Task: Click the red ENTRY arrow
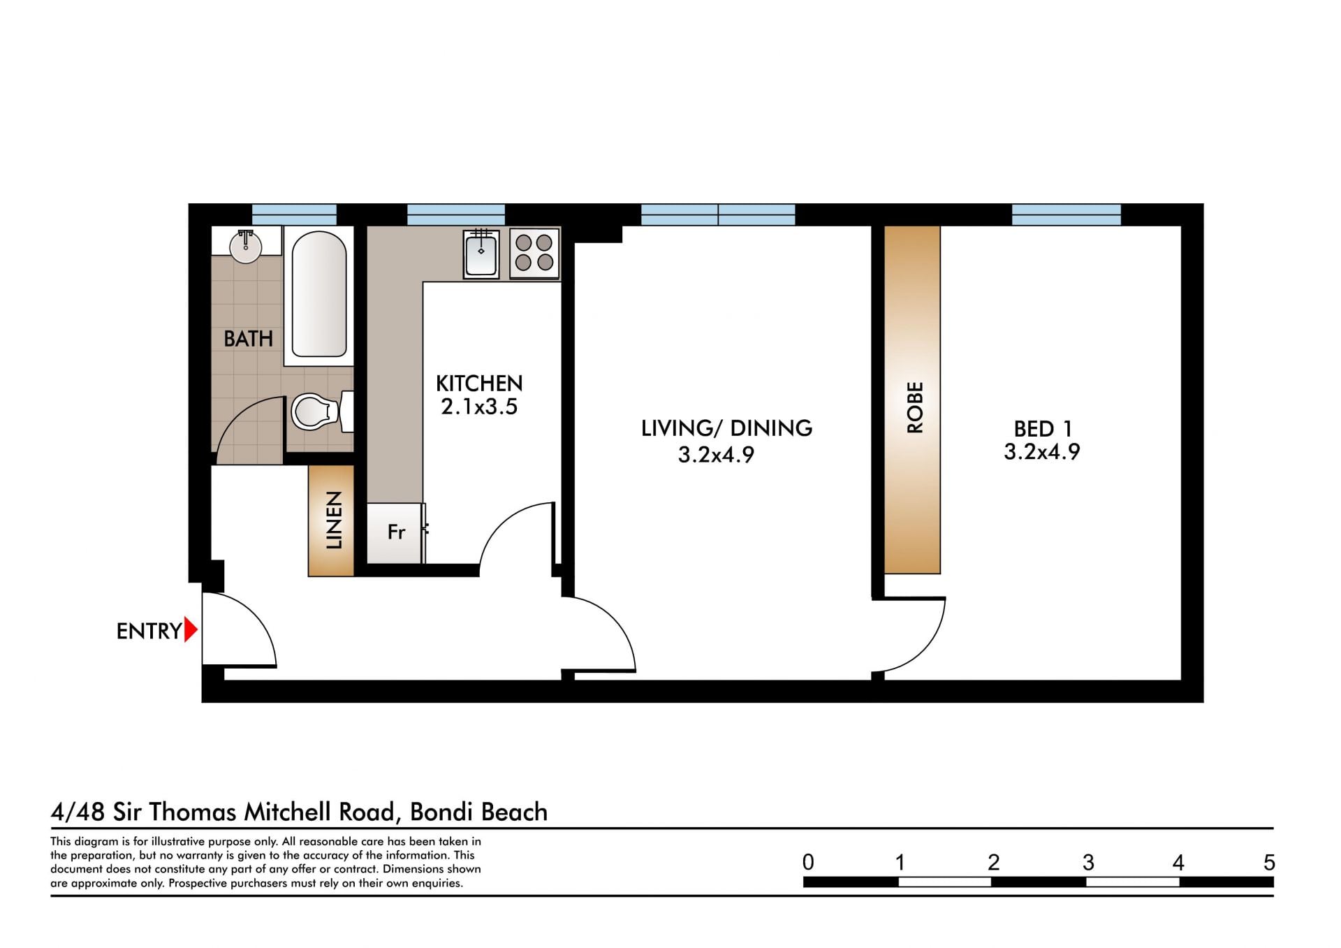click(x=190, y=630)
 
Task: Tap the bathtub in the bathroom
click(x=318, y=295)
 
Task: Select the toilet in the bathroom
click(x=322, y=411)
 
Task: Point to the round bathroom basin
click(x=246, y=247)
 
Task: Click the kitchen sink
click(x=481, y=254)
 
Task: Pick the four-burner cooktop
click(x=534, y=253)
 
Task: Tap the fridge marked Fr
click(x=395, y=532)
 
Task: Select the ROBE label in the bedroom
click(x=914, y=407)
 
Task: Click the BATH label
click(x=248, y=339)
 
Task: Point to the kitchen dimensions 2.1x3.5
click(x=479, y=407)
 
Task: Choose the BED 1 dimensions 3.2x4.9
click(x=1042, y=452)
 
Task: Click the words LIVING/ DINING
click(x=726, y=428)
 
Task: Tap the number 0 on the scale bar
click(x=808, y=863)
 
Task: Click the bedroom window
click(x=1066, y=214)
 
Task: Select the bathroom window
click(x=294, y=214)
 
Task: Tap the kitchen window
click(x=455, y=214)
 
